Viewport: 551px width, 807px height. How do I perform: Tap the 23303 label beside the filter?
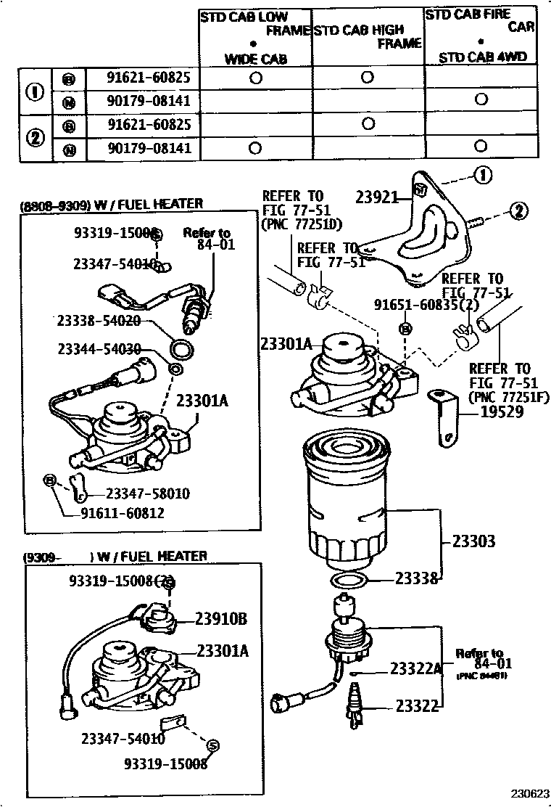473,541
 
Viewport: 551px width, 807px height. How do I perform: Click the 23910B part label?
221,618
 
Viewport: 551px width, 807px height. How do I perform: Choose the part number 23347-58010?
148,493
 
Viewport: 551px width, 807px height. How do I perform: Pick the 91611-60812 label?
123,513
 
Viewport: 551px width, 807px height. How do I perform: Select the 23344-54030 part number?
99,349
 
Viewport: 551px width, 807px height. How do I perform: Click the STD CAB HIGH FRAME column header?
368,37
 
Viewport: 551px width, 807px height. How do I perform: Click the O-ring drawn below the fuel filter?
347,580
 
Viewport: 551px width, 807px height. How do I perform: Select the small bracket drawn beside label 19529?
443,417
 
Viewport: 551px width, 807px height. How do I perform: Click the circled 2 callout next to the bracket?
518,210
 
